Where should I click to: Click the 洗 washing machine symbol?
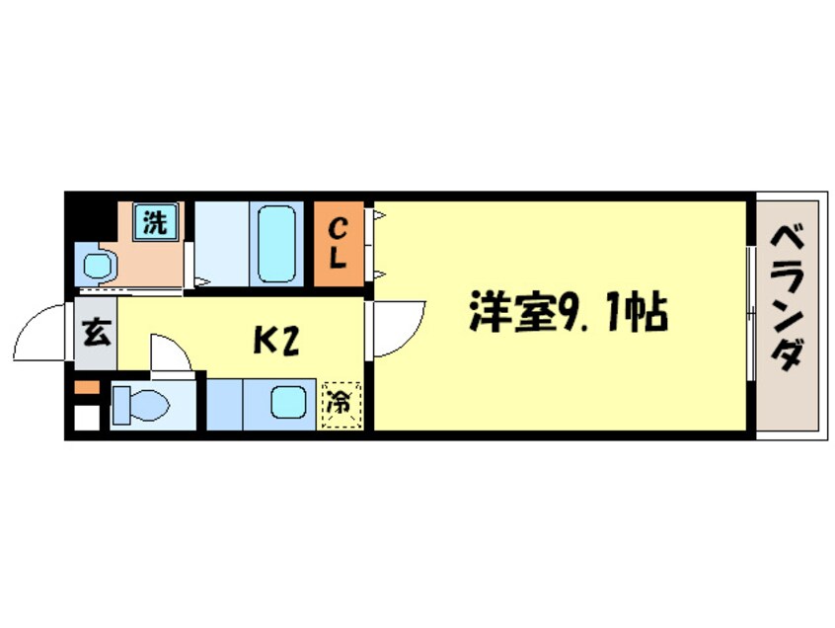click(x=154, y=222)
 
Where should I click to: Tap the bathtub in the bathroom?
click(x=275, y=244)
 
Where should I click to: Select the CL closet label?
click(x=338, y=244)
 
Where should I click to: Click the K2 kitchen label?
click(x=276, y=341)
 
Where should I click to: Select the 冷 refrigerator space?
click(x=341, y=404)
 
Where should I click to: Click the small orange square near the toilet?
click(x=87, y=386)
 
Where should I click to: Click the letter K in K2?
click(x=265, y=341)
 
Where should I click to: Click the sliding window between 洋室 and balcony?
click(x=750, y=314)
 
